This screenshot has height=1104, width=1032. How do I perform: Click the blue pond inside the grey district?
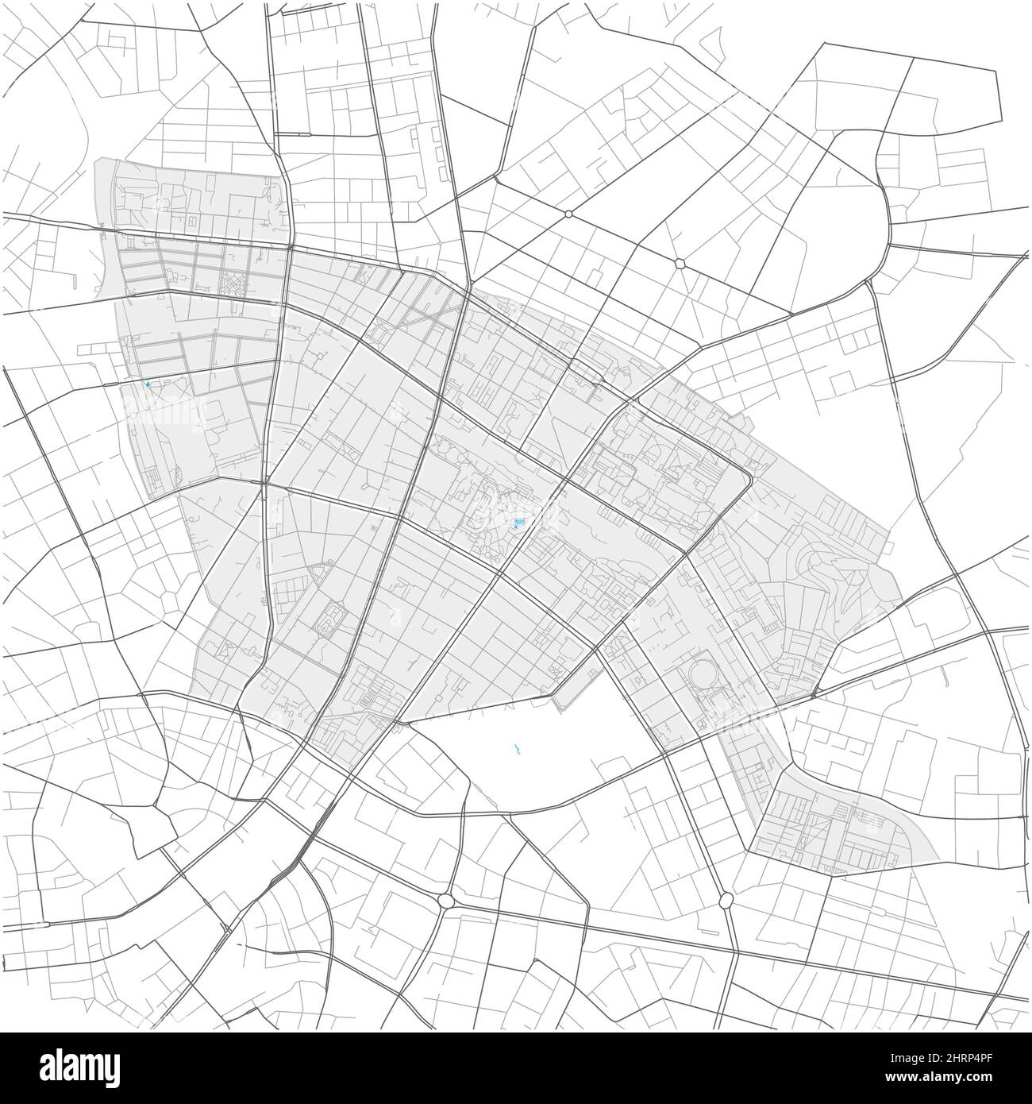click(518, 523)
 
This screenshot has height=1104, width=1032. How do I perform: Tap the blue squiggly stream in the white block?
click(517, 748)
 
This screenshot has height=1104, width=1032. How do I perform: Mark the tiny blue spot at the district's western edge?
click(148, 385)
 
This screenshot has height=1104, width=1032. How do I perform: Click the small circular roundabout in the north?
click(568, 214)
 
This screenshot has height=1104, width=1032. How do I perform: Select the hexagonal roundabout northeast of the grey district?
click(680, 263)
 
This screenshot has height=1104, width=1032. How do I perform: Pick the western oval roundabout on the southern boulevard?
click(445, 901)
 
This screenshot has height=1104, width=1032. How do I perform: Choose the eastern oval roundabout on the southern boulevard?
click(726, 900)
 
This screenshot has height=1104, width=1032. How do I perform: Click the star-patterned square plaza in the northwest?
click(233, 281)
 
